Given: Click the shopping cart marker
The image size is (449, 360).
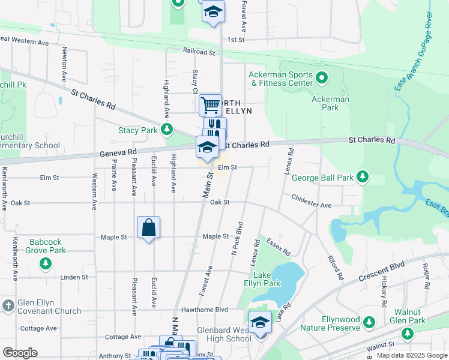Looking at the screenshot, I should (210, 106).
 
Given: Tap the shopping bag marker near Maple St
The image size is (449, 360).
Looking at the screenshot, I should (148, 228).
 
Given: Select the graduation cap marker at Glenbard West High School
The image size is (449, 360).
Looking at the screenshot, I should (260, 322).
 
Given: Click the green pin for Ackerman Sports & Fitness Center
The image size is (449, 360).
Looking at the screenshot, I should (321, 78).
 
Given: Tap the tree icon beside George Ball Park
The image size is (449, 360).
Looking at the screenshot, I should (362, 176).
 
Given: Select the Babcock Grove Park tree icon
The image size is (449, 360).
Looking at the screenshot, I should (44, 263).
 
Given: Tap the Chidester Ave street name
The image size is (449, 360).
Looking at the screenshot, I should (311, 201).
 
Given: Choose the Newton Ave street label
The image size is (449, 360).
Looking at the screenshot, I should (64, 64).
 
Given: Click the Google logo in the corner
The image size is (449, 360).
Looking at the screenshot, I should (20, 352).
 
